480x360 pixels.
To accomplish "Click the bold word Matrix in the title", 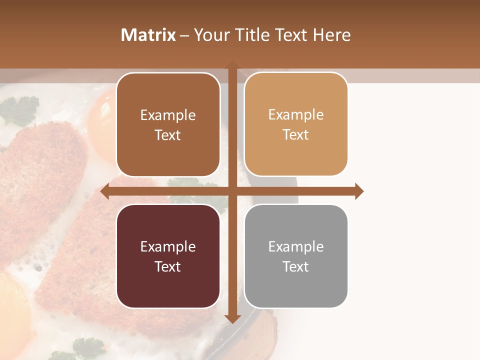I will click(148, 35).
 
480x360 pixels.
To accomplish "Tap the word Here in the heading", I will click(331, 35).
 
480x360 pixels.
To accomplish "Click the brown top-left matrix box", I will click(168, 125).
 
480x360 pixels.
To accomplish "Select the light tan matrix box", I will click(296, 124).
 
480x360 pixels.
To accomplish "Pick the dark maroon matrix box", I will click(168, 256).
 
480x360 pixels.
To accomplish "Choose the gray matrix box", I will click(296, 256).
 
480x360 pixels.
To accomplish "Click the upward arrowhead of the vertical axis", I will click(232, 64).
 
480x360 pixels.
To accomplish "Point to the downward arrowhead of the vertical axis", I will click(232, 318).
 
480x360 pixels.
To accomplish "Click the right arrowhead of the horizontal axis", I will click(359, 191).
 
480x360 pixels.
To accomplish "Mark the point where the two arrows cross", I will click(232, 191).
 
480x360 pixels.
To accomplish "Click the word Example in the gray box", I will click(296, 246).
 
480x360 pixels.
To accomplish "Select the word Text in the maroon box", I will click(168, 266).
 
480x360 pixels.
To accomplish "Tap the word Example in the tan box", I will click(296, 115).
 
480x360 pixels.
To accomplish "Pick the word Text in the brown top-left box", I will click(168, 135).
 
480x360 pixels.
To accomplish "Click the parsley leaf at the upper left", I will click(20, 111).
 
